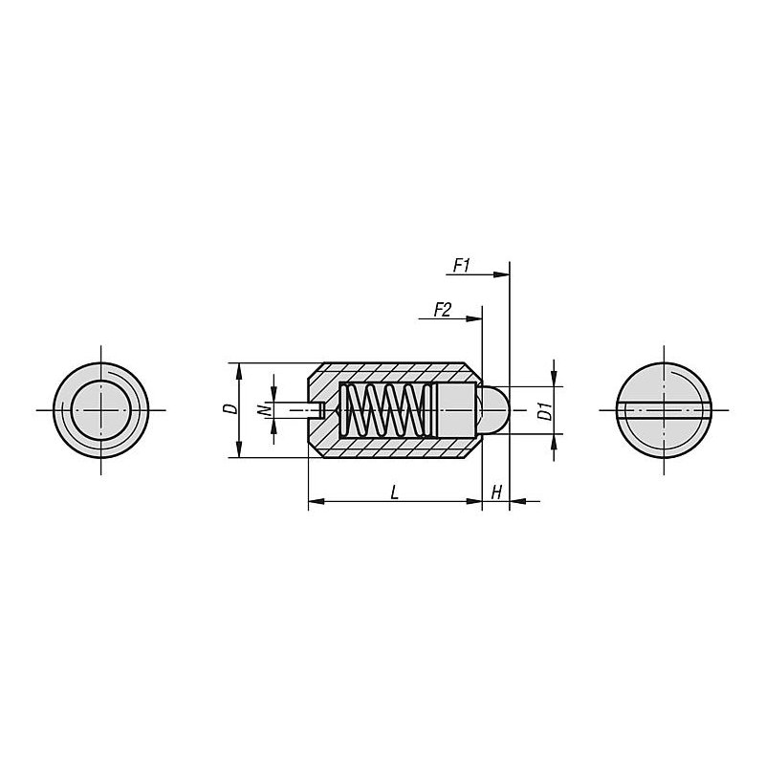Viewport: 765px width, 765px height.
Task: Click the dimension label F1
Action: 462,266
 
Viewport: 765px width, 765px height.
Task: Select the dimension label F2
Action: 443,309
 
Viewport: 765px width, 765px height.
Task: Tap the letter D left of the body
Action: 232,409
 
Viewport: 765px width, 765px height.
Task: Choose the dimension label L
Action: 395,492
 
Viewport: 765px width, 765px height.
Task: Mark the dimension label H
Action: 496,492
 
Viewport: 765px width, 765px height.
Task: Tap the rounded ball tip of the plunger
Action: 493,410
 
